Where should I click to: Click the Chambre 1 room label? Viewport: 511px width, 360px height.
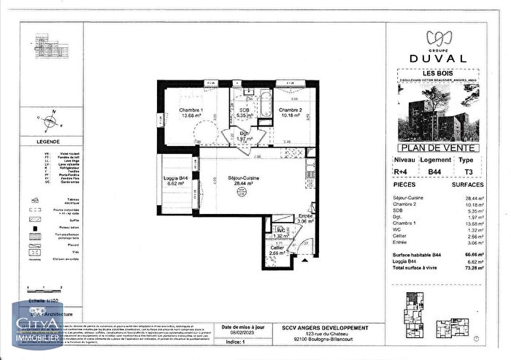click(x=191, y=110)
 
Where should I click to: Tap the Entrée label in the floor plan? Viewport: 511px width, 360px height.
click(x=305, y=216)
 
